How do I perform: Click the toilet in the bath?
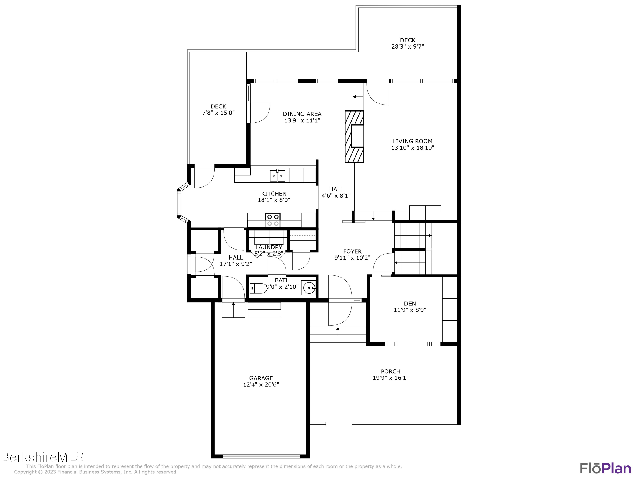(x=259, y=288)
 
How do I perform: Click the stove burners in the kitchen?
(x=273, y=220)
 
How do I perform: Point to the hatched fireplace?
(x=354, y=137)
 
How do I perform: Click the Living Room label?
(x=412, y=141)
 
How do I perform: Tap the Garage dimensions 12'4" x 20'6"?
(x=261, y=385)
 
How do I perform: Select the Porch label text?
(x=390, y=371)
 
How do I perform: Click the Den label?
(x=410, y=303)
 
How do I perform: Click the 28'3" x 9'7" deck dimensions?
(x=407, y=46)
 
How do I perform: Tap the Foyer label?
(x=352, y=251)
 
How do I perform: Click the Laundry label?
(x=269, y=247)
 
